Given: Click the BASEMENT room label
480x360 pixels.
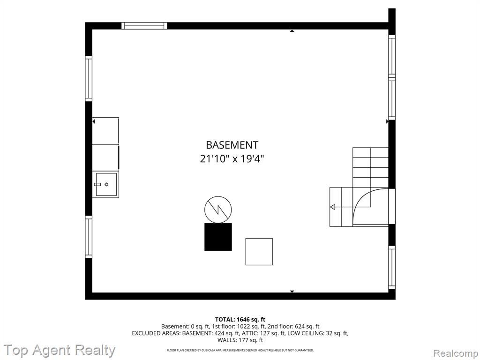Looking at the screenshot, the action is (x=232, y=145).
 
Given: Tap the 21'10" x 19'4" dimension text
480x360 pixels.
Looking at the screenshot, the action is (x=232, y=159).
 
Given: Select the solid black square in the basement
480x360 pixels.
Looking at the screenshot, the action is (x=218, y=237).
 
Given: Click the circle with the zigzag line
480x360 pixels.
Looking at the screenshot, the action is (x=218, y=210).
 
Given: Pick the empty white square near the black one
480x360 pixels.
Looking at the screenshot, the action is (x=259, y=252).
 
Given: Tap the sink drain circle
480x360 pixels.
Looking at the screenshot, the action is (x=106, y=184).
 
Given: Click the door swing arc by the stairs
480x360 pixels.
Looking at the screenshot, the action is (x=361, y=198).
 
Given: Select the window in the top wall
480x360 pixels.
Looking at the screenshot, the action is (x=144, y=26).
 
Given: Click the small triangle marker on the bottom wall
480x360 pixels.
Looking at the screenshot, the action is (x=292, y=292).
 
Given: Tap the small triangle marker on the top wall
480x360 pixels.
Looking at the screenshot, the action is (x=292, y=31).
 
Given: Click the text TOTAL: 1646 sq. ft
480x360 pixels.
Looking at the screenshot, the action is (x=240, y=320).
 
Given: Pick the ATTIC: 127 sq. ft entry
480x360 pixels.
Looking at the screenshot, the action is (x=263, y=333).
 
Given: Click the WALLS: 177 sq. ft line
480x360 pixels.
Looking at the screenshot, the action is (x=240, y=340).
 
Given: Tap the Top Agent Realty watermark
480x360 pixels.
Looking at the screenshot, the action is (x=60, y=350).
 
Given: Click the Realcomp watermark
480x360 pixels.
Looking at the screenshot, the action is (x=456, y=353).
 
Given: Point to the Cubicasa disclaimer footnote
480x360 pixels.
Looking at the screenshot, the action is (x=240, y=350).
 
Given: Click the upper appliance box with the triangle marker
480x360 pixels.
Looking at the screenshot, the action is (x=105, y=131).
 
